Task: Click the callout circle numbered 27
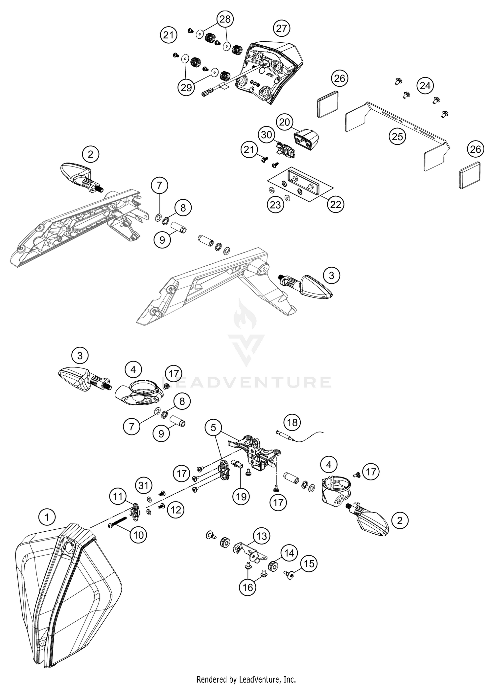point(282,28)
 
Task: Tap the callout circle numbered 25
point(397,136)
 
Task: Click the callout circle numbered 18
point(292,422)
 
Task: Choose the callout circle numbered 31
point(144,485)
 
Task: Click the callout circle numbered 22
point(336,205)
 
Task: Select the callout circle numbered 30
point(267,135)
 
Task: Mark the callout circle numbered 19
point(241,497)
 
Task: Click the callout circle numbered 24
point(425,86)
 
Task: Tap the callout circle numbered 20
point(285,122)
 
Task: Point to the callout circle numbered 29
point(186,88)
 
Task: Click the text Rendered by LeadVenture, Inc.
point(246,679)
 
